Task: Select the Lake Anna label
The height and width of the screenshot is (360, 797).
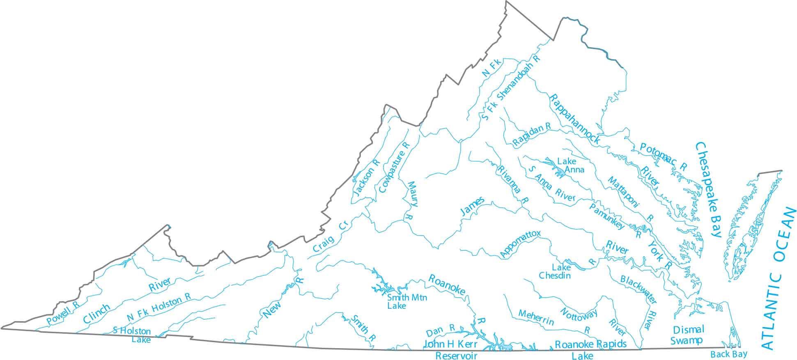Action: click(x=571, y=165)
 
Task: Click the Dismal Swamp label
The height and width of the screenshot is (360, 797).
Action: click(x=688, y=335)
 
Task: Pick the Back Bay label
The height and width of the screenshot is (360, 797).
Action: click(x=729, y=354)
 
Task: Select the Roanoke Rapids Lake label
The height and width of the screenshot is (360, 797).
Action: click(x=590, y=349)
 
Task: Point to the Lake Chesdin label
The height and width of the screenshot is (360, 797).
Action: click(x=555, y=271)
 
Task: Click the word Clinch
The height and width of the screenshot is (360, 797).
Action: click(x=96, y=314)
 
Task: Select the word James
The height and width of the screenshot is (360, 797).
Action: click(x=472, y=206)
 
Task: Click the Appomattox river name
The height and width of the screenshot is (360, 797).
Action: click(x=520, y=244)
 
